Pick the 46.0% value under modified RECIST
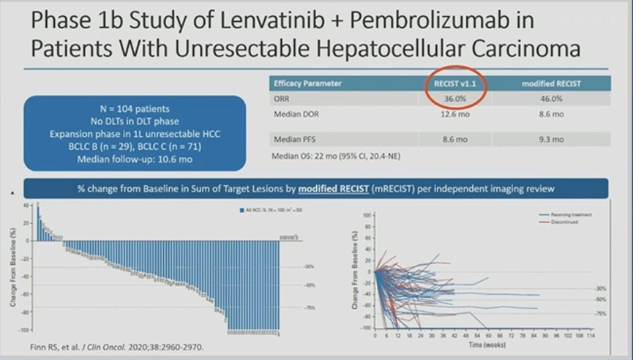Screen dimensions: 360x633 pos(551,99)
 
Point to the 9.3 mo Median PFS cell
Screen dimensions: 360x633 pos(551,139)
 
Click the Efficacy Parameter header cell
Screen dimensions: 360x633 pos(307,83)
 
